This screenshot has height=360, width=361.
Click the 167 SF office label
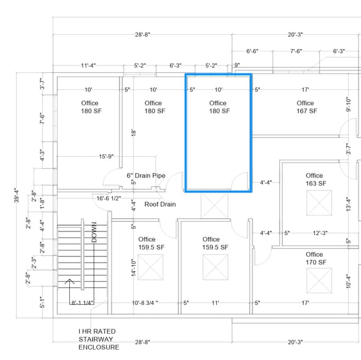pos(306,107)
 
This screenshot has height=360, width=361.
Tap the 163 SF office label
pos(314,179)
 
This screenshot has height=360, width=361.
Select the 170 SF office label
pos(314,258)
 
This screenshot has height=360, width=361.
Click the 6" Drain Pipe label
pos(146,176)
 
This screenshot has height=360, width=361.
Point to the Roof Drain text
pos(160,204)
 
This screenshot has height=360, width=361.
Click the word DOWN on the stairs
pos(95,232)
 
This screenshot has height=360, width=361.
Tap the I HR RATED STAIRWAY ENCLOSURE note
pos(96,339)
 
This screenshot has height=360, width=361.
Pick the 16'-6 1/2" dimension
pos(108,198)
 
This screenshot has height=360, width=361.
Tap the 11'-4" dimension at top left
pos(88,65)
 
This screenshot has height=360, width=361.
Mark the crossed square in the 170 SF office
pos(319,280)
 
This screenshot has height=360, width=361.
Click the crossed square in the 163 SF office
pos(319,203)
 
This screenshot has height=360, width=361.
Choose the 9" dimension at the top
pos(237,65)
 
